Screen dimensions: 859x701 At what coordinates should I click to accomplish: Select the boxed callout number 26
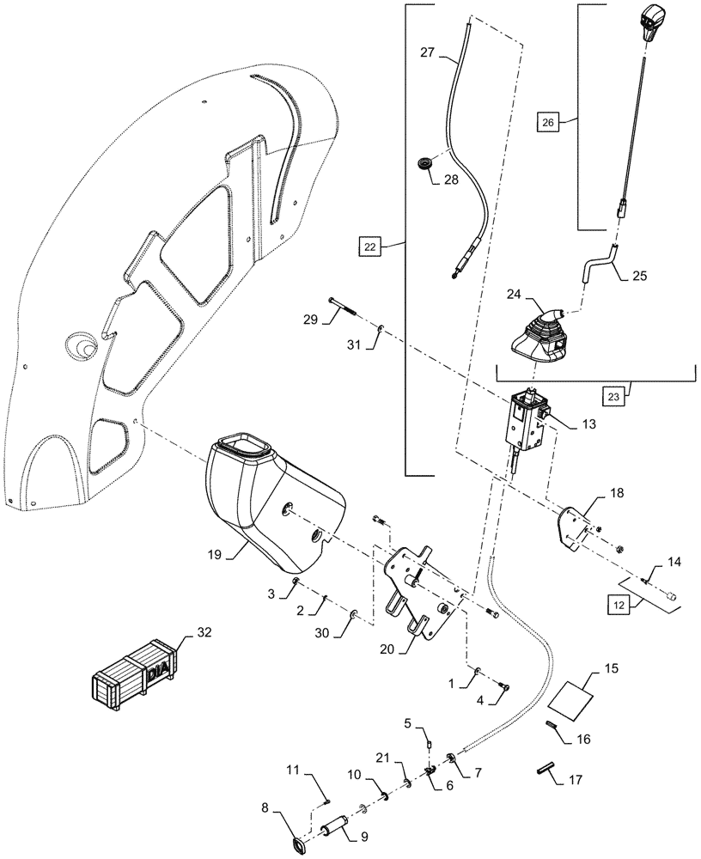click(x=546, y=123)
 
